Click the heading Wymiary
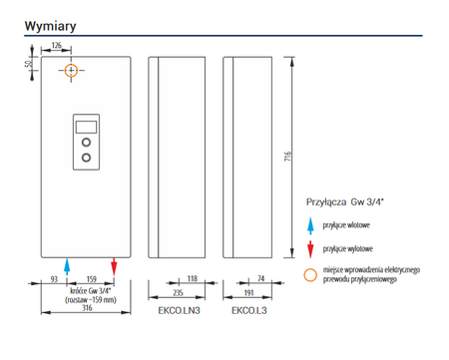pyautogui.click(x=50, y=26)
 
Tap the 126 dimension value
pyautogui.click(x=57, y=45)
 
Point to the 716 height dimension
pyautogui.click(x=287, y=157)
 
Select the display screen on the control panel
pyautogui.click(x=86, y=127)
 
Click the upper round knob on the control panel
pyautogui.click(x=86, y=143)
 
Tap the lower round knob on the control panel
pyautogui.click(x=86, y=158)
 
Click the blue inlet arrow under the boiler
pyautogui.click(x=67, y=266)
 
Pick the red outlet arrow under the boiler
pyautogui.click(x=114, y=266)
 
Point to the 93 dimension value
pyautogui.click(x=54, y=279)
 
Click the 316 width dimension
pyautogui.click(x=87, y=308)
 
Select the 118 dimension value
pyautogui.click(x=193, y=278)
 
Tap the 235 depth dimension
pyautogui.click(x=178, y=293)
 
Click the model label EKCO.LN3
pyautogui.click(x=179, y=311)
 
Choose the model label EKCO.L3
pyautogui.click(x=249, y=311)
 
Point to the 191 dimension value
pyautogui.click(x=249, y=293)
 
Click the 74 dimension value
pyautogui.click(x=260, y=278)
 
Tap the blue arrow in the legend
pyautogui.click(x=310, y=226)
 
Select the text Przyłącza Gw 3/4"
pyautogui.click(x=345, y=202)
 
